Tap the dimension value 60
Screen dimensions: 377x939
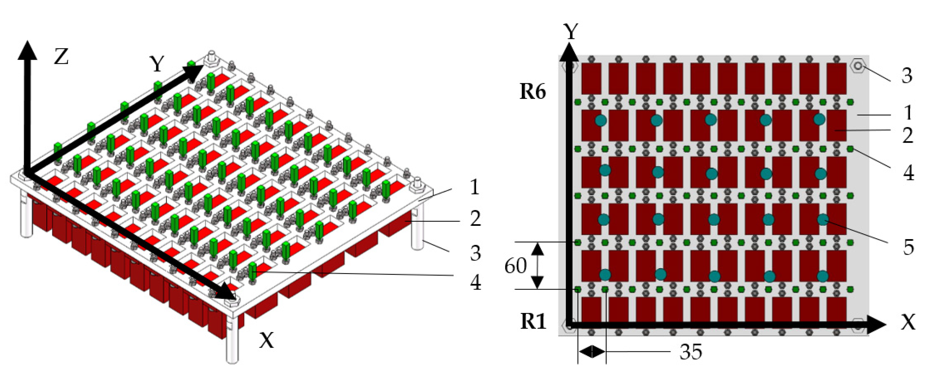515,266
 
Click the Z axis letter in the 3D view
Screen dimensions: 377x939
61,57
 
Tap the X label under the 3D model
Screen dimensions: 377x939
266,341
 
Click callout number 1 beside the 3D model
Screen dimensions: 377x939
474,188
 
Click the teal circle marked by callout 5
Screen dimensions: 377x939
823,220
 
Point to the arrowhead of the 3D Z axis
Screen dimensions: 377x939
27,49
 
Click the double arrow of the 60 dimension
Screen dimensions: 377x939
537,265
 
